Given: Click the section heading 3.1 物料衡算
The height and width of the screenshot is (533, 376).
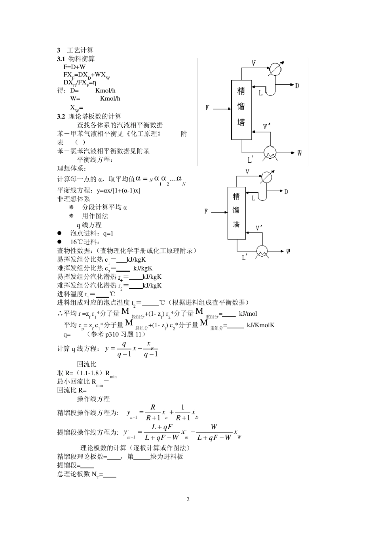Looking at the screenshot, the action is click(76, 59).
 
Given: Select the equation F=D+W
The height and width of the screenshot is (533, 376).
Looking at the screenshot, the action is click(74, 67).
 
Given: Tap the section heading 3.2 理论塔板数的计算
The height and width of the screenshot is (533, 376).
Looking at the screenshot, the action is click(89, 116).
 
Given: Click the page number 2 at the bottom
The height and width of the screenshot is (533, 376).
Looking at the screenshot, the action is click(188, 499).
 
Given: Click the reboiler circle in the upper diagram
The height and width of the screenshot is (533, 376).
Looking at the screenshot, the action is click(271, 152).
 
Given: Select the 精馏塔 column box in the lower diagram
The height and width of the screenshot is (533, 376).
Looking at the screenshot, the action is click(236, 210).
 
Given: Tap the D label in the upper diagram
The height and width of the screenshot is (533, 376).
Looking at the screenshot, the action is click(297, 85).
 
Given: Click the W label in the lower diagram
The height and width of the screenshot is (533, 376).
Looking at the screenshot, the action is click(288, 251).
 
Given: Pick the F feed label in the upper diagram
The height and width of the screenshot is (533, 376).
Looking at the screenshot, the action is click(207, 107).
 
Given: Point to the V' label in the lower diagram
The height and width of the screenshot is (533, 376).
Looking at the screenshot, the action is click(259, 228).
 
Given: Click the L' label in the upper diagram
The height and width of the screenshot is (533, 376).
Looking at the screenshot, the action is click(251, 160).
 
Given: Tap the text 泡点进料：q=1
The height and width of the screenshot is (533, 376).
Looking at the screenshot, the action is click(91, 234).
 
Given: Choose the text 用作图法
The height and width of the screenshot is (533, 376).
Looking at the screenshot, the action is click(95, 216).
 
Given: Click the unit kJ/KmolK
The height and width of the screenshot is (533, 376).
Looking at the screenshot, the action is click(260, 325).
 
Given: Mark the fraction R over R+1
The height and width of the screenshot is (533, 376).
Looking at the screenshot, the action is click(153, 412).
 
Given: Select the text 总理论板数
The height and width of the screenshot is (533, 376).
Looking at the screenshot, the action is click(74, 474).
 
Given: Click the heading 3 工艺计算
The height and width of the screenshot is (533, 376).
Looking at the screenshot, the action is click(75, 50).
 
